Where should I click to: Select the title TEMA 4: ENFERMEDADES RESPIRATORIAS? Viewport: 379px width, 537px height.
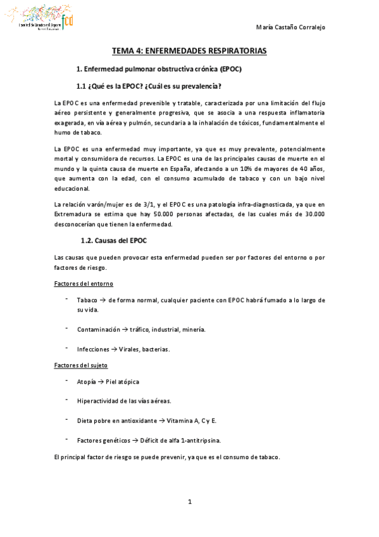(189, 50)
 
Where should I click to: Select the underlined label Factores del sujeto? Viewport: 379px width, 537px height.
(81, 365)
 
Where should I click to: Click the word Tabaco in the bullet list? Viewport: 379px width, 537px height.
(87, 300)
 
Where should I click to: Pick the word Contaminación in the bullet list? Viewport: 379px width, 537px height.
(98, 329)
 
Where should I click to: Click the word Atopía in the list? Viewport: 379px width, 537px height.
(87, 382)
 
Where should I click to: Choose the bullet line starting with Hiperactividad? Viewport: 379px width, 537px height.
(124, 401)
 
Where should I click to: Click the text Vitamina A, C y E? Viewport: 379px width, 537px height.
(194, 420)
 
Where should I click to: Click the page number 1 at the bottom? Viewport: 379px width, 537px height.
(189, 502)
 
